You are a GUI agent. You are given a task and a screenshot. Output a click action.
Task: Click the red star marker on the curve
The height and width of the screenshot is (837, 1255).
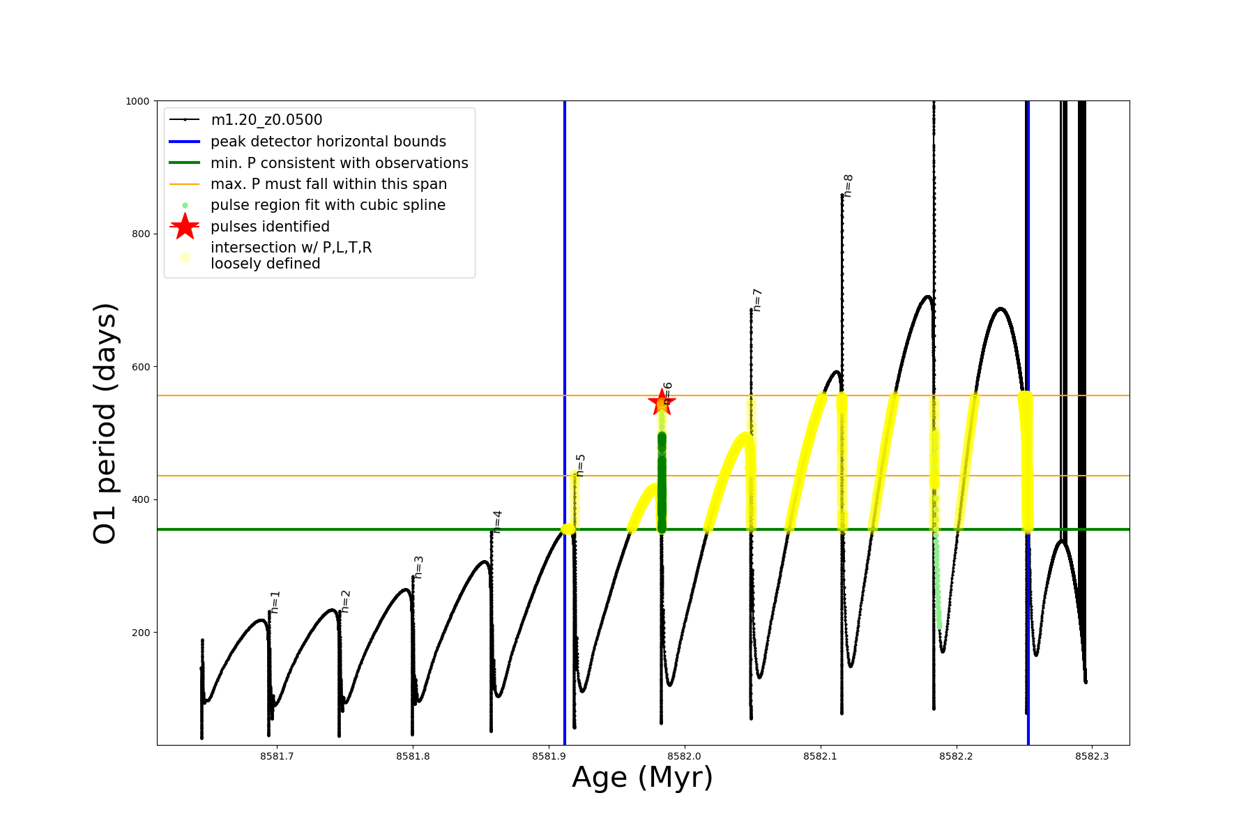click(x=661, y=402)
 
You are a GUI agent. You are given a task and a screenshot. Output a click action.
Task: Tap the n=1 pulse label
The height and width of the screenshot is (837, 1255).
click(x=275, y=602)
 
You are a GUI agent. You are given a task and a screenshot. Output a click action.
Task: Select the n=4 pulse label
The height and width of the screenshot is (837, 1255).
click(x=497, y=522)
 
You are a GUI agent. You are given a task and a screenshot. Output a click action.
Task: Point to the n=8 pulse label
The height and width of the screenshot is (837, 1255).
click(x=848, y=186)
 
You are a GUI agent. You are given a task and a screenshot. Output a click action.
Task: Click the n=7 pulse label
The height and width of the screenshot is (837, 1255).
click(x=757, y=300)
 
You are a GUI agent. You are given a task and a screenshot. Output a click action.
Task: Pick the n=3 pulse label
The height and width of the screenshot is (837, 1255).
click(x=418, y=567)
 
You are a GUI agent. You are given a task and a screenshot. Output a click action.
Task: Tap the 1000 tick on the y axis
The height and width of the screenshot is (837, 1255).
click(x=137, y=101)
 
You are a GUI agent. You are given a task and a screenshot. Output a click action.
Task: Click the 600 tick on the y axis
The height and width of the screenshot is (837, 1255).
click(x=141, y=367)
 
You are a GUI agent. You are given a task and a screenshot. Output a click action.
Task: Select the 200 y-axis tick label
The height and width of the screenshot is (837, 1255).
click(x=141, y=633)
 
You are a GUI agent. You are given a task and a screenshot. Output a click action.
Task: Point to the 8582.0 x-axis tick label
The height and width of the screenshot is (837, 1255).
click(x=685, y=756)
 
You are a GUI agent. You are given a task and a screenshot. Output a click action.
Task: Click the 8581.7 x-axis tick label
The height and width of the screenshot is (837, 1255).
click(x=277, y=756)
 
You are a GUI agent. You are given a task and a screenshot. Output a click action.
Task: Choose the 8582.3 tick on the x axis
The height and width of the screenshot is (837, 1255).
click(x=1092, y=756)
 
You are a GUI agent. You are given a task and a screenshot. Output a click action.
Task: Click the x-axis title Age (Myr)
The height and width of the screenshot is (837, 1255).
click(x=642, y=778)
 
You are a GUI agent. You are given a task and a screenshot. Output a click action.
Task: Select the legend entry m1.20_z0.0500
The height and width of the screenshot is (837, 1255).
click(x=266, y=120)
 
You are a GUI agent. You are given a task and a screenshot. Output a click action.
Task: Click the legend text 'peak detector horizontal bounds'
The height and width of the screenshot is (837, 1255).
click(x=328, y=142)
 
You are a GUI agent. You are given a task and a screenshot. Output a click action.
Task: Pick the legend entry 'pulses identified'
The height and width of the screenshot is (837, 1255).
click(x=270, y=227)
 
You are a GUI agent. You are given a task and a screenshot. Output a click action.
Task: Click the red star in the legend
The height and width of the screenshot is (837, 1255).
click(x=185, y=226)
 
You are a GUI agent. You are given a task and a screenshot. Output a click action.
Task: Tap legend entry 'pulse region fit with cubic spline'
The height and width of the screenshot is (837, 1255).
click(x=328, y=205)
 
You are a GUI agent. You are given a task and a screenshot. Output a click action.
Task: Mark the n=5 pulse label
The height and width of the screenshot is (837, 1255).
click(x=581, y=465)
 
